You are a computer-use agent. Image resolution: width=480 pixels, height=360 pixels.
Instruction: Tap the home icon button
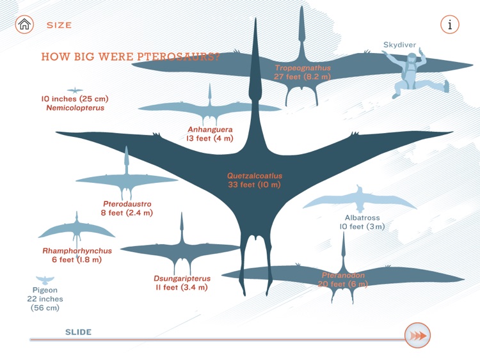tap(24, 25)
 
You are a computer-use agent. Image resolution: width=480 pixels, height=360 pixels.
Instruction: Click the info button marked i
tap(450, 25)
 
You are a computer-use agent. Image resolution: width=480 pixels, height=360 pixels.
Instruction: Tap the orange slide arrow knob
tap(417, 335)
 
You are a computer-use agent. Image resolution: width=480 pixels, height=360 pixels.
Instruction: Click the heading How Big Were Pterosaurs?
tap(131, 56)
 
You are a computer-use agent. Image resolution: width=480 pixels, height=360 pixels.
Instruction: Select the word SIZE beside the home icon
tap(59, 26)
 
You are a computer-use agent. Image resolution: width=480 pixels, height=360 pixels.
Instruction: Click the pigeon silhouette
tap(45, 279)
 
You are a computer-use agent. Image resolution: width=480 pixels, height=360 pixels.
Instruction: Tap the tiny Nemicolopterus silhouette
tap(75, 90)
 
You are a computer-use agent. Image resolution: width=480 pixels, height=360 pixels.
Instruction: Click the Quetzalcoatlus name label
tap(255, 176)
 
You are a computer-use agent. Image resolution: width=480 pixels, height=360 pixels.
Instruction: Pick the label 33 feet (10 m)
tap(255, 185)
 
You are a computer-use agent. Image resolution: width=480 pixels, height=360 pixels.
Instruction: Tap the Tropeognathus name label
tap(303, 67)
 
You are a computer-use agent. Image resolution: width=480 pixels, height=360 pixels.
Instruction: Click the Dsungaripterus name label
tap(180, 278)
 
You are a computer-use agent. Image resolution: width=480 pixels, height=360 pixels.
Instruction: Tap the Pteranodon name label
tap(344, 275)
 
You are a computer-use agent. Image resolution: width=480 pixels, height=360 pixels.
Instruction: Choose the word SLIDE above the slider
tap(78, 332)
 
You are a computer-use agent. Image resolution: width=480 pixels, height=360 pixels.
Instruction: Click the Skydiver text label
tap(400, 45)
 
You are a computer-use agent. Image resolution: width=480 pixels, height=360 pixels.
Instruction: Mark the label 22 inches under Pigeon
tap(45, 299)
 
